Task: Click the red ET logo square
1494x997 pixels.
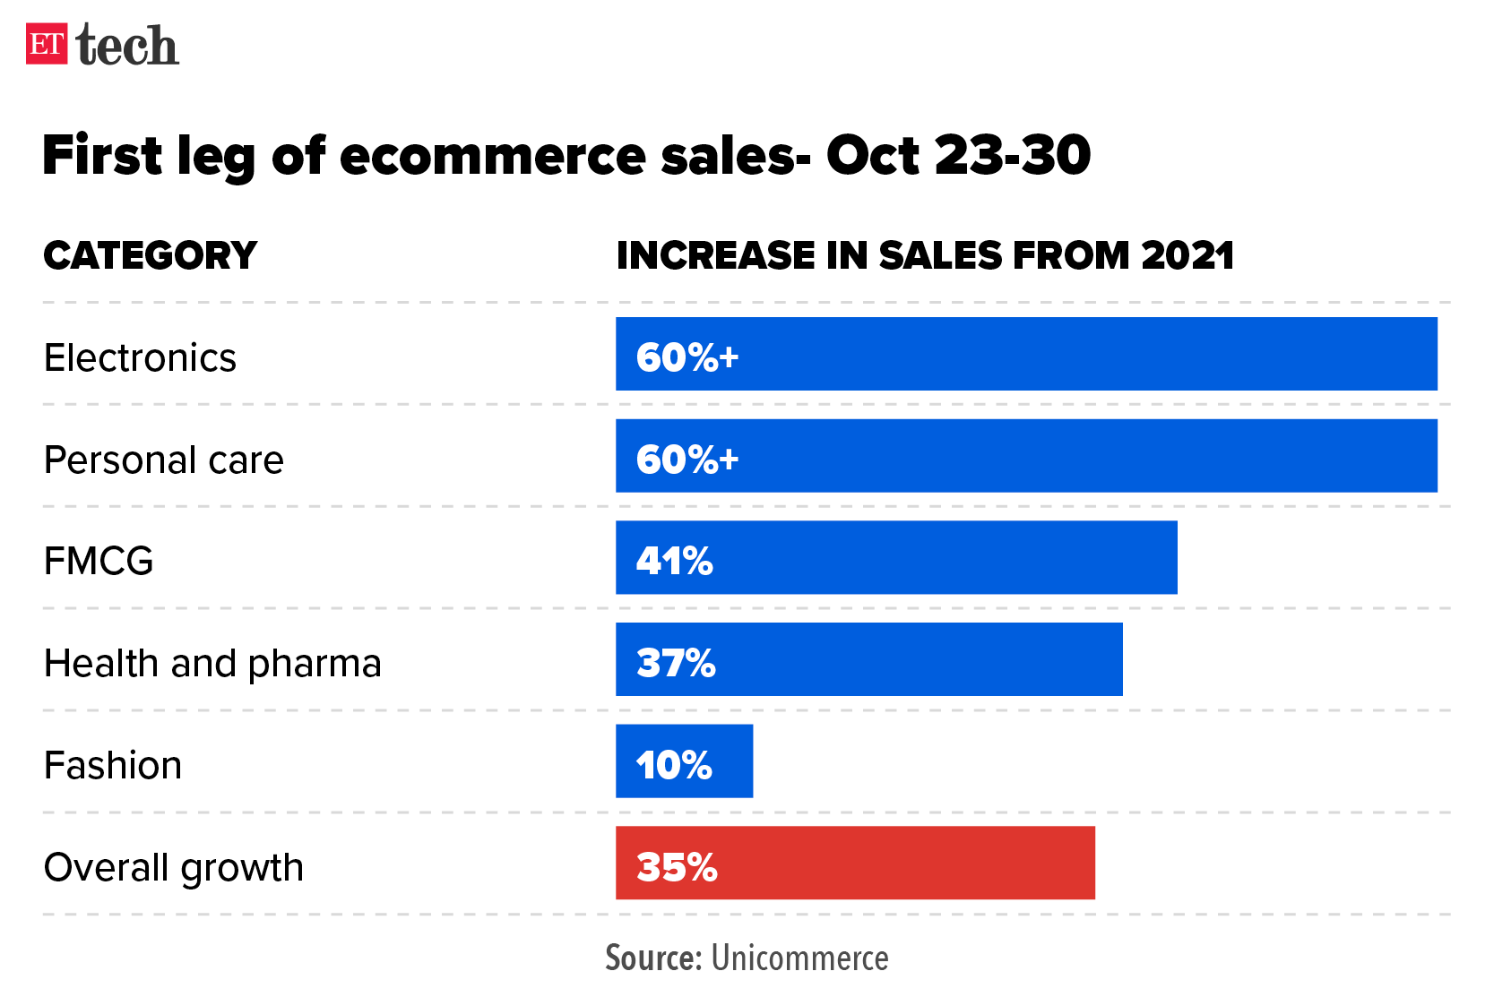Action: [47, 44]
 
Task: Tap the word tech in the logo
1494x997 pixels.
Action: [127, 46]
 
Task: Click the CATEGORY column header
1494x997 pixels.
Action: [151, 256]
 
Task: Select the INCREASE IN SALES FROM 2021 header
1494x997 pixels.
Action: [925, 256]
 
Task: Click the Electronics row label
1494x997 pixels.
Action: [140, 358]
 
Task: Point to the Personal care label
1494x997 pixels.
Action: [163, 460]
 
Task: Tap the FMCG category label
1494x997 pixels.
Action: [99, 562]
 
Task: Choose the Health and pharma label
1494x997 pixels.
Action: [212, 664]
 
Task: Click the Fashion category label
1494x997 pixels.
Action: [113, 766]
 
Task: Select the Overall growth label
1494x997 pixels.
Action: [174, 868]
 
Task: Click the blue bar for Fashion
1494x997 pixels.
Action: [684, 761]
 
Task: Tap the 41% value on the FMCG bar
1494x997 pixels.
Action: [674, 562]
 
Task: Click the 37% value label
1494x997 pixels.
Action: [676, 664]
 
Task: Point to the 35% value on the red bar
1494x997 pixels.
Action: [677, 867]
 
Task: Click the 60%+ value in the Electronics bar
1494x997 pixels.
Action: [687, 357]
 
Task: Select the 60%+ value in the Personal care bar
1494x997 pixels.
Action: [687, 460]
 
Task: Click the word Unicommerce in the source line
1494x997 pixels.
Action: [799, 958]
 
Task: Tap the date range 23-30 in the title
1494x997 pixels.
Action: [1013, 156]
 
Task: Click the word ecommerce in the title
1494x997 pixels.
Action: [492, 156]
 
